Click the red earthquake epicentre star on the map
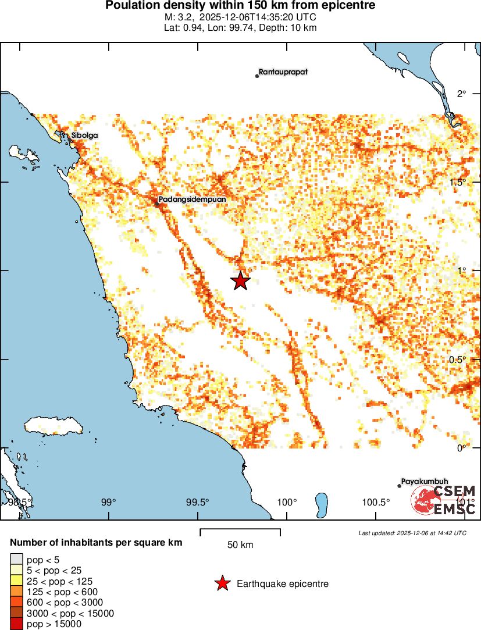(241, 280)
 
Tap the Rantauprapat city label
(283, 72)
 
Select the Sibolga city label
(85, 136)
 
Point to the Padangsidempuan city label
(192, 199)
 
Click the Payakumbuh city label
(425, 482)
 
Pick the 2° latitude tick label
(461, 94)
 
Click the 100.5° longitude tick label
(375, 502)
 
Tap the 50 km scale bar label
(240, 545)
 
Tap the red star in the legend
(222, 583)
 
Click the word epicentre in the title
(347, 6)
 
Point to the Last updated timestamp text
(412, 533)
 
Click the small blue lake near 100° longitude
(320, 504)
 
